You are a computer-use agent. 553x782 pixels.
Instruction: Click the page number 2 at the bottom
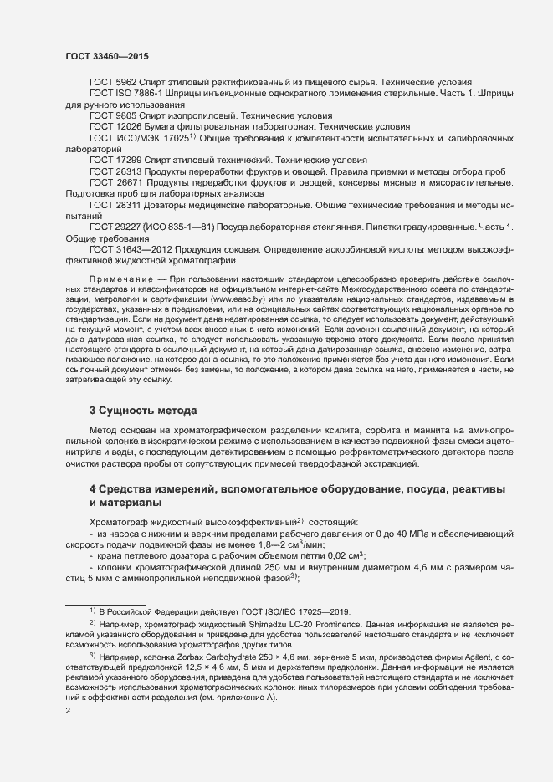(68, 711)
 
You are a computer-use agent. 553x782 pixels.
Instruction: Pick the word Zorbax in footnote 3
(199, 656)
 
